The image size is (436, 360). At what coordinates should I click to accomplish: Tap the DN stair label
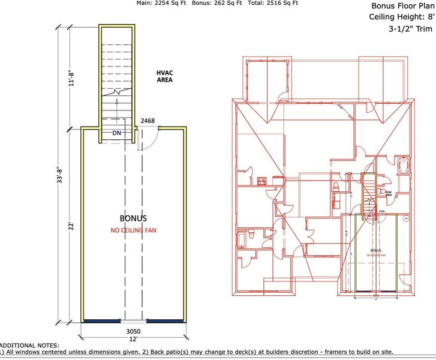pyautogui.click(x=117, y=133)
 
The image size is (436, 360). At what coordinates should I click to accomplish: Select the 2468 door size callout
pyautogui.click(x=148, y=121)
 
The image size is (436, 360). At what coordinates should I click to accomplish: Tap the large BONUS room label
pyautogui.click(x=133, y=218)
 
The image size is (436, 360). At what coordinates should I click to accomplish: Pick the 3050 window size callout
pyautogui.click(x=133, y=331)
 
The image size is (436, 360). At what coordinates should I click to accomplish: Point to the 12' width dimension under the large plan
pyautogui.click(x=133, y=340)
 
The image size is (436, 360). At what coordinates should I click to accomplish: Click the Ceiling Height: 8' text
pyautogui.click(x=401, y=17)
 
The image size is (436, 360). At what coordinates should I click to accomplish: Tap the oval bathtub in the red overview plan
pyautogui.click(x=401, y=165)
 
